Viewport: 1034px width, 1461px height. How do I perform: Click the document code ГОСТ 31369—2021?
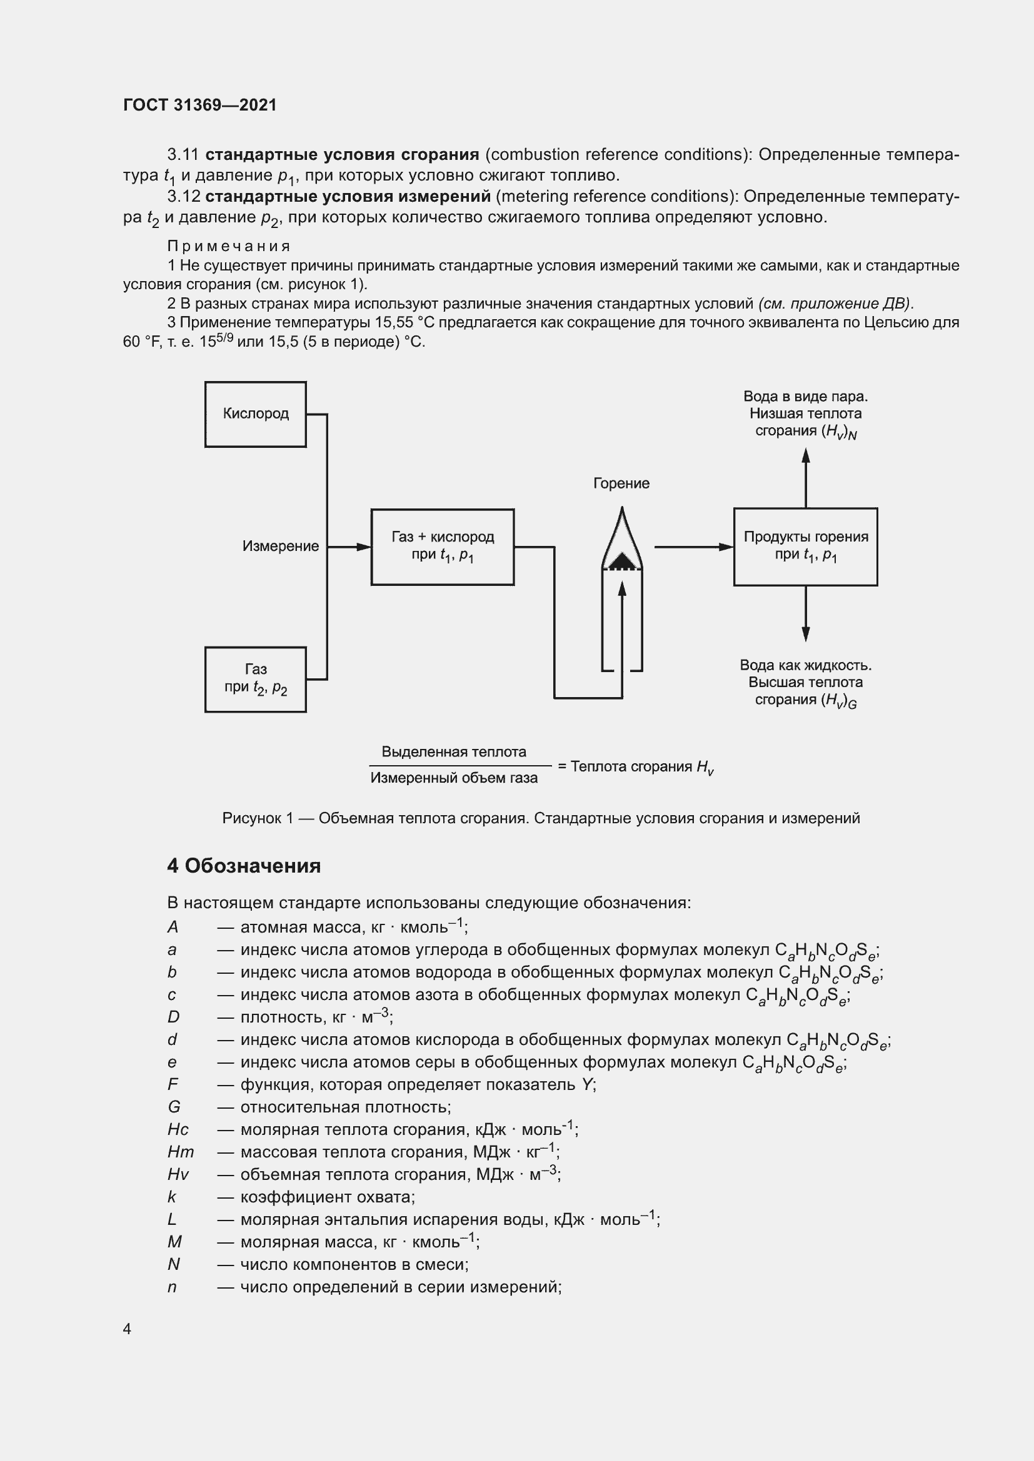coord(200,105)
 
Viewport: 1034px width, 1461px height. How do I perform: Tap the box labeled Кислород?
coord(255,414)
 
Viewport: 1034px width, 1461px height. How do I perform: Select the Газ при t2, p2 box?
coord(255,679)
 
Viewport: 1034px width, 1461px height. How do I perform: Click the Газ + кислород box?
coord(443,547)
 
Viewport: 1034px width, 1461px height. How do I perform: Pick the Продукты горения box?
coord(805,547)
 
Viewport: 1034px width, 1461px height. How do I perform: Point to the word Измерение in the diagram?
coord(280,546)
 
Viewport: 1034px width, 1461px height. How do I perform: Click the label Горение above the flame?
coord(621,483)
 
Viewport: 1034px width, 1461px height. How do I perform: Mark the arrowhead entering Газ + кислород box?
coord(364,547)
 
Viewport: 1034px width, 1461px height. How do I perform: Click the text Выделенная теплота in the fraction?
coord(454,751)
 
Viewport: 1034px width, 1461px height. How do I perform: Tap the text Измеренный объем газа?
coord(454,778)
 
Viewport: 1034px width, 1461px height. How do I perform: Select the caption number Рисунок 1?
coord(257,818)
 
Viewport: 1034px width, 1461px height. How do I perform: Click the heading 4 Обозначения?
coord(244,865)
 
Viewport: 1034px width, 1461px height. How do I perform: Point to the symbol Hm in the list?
coord(180,1152)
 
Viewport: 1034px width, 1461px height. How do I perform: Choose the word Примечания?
coord(229,246)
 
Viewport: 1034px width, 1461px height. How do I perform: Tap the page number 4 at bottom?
coord(127,1329)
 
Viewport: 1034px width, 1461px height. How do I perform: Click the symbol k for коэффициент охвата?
coord(171,1197)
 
